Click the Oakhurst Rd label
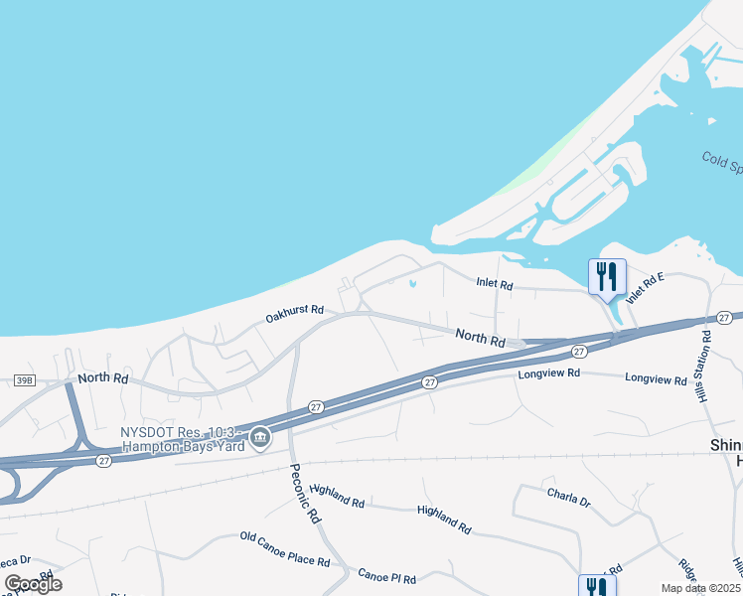tap(295, 313)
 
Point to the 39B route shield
tap(25, 379)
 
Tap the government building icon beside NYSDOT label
tap(260, 437)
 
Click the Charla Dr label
tap(568, 497)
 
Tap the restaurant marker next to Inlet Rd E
tap(608, 277)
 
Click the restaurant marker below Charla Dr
tap(593, 587)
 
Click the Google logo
tap(34, 584)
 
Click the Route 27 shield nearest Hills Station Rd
tap(724, 317)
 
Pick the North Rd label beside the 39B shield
tap(103, 378)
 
